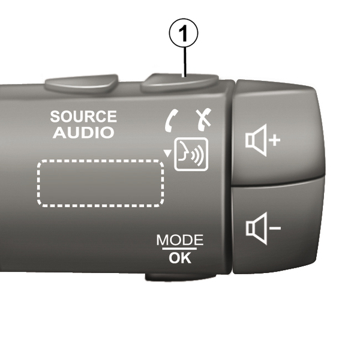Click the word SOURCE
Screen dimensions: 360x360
[83, 116]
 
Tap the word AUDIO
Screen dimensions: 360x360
[83, 133]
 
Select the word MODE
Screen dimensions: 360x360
[179, 240]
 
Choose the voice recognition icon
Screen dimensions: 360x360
[190, 154]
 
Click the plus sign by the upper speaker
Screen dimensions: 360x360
[274, 141]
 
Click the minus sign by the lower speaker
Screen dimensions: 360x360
[274, 228]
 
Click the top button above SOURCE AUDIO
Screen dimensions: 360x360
[83, 83]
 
